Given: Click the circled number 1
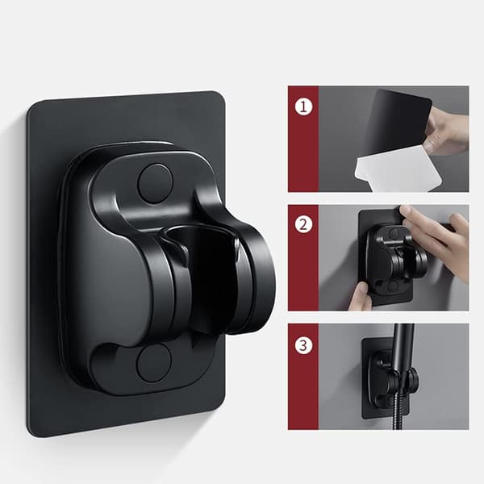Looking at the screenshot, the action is point(304,106).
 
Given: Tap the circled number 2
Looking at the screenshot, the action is point(304,224).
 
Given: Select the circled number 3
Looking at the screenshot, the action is point(304,345).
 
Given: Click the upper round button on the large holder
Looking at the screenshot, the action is point(155,184).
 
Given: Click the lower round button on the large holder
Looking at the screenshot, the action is point(154,363).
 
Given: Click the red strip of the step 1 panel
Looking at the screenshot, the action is point(302,139).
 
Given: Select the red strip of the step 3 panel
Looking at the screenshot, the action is point(302,377).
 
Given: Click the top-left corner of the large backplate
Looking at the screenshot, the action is point(27,104).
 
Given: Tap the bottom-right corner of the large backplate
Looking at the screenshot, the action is point(224,408).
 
